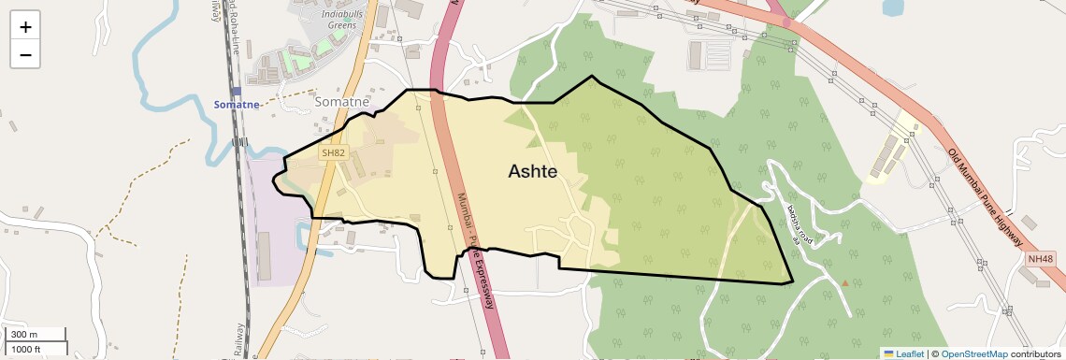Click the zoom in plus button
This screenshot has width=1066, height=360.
25,27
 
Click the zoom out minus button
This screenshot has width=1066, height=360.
25,54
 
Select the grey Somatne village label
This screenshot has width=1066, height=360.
343,101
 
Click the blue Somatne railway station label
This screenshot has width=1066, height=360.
237,105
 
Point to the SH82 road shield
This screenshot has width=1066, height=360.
333,152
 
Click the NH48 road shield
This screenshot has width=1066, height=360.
1039,258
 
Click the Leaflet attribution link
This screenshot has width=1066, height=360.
903,353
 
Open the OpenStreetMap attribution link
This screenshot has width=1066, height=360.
973,353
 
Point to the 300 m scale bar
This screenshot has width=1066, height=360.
35,335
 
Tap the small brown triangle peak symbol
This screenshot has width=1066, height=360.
845,281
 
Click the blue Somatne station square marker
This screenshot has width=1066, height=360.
237,92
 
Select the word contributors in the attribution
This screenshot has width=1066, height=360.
1034,353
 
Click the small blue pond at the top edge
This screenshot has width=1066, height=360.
893,7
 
